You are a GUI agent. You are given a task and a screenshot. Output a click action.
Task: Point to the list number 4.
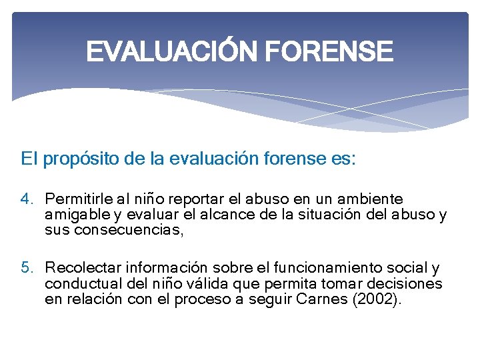point(26,199)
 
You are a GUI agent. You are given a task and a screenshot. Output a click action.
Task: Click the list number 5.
point(26,269)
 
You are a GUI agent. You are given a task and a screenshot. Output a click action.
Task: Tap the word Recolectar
point(82,269)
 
